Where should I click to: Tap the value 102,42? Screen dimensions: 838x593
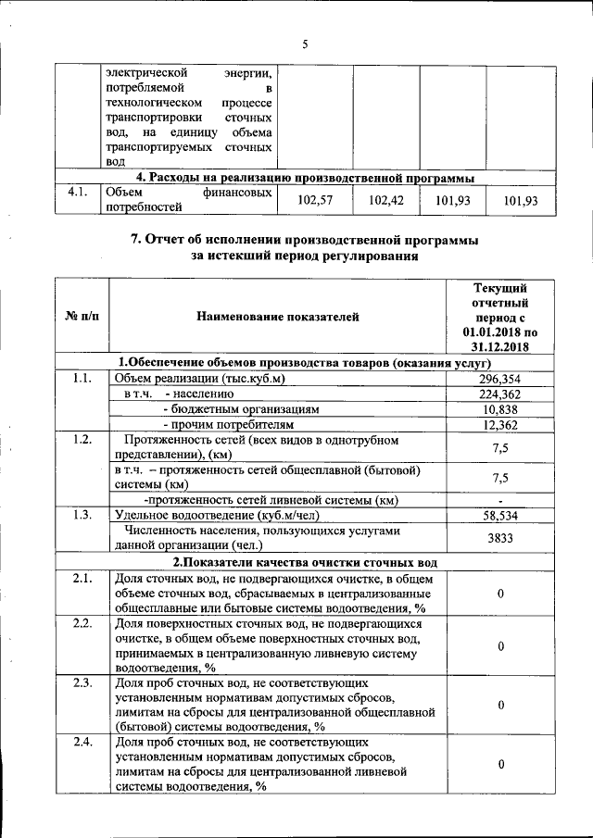385,200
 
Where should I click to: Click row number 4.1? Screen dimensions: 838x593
77,193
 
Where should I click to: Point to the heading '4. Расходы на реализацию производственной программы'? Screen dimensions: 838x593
306,177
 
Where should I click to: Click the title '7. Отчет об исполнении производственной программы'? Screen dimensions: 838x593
305,239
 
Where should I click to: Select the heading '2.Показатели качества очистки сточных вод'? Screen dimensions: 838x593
305,562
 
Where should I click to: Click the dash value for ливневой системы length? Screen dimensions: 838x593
500,500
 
